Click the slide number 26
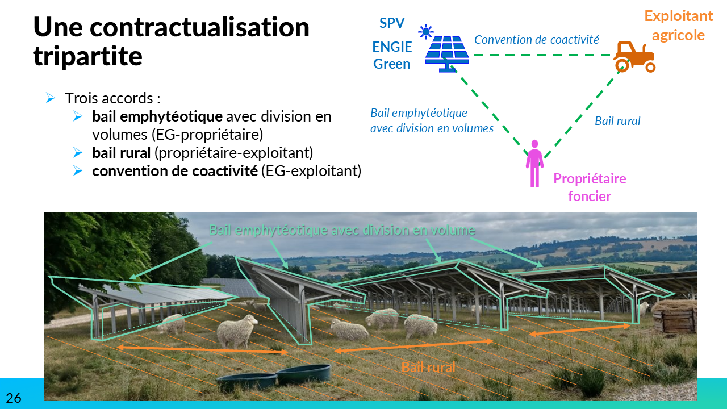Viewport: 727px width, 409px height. [14, 398]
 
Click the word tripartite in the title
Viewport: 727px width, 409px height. [87, 56]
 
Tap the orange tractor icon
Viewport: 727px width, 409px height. [634, 56]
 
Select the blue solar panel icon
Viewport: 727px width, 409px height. [447, 53]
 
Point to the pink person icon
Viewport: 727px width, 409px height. [534, 163]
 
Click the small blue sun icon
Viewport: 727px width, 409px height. [425, 32]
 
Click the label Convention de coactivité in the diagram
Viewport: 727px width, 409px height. [537, 40]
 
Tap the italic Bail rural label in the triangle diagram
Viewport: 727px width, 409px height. [617, 121]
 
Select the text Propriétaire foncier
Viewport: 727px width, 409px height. [590, 187]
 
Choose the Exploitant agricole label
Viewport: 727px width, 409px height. [679, 26]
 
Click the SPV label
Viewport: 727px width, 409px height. [392, 23]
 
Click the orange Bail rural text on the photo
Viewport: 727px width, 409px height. [428, 368]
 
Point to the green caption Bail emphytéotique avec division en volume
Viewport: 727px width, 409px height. [342, 230]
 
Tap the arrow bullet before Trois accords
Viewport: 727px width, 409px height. [51, 98]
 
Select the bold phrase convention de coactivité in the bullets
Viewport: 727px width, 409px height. [175, 171]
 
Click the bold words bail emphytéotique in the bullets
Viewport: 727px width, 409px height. [157, 116]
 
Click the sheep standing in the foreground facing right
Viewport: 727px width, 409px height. [237, 331]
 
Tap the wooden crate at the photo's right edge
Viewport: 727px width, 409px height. [674, 318]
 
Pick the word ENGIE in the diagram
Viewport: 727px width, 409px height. [392, 47]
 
